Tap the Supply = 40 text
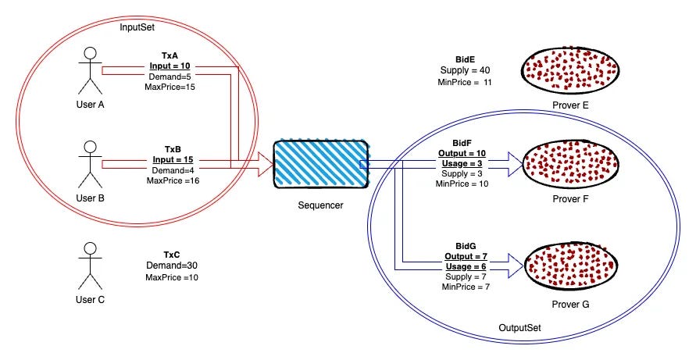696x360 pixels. click(466, 70)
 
